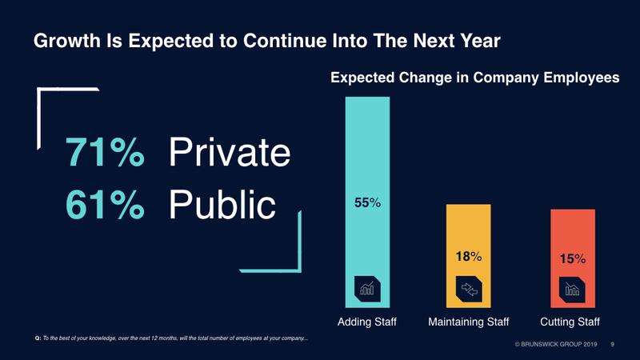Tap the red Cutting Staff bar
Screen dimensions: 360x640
click(x=573, y=232)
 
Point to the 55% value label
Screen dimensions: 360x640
click(x=367, y=204)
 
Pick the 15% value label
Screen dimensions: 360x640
click(x=573, y=259)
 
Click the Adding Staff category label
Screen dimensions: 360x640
click(x=367, y=322)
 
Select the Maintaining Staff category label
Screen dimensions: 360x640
click(x=470, y=322)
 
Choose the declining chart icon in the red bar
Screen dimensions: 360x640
click(x=573, y=290)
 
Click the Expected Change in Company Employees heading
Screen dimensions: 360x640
click(x=475, y=78)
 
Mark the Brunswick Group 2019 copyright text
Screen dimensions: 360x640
click(x=555, y=345)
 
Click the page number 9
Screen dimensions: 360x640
click(x=612, y=345)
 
